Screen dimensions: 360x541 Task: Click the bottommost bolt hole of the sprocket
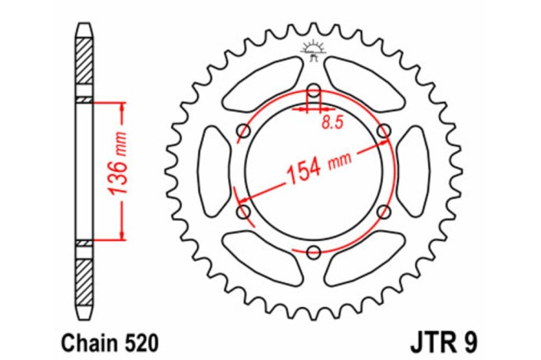point(314,250)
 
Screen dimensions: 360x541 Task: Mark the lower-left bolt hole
point(244,210)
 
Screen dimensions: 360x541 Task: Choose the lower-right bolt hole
point(384,210)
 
